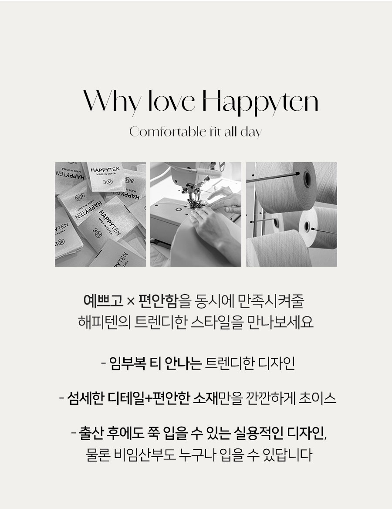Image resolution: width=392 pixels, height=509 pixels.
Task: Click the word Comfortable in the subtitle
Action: click(x=168, y=132)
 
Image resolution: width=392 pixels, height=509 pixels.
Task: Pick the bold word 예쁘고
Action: click(x=104, y=301)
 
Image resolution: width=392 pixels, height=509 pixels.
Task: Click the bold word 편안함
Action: click(x=158, y=301)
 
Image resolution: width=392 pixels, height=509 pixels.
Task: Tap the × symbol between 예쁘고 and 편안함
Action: click(x=131, y=301)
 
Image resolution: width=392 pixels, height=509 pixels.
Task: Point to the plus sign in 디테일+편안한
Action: click(x=149, y=399)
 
